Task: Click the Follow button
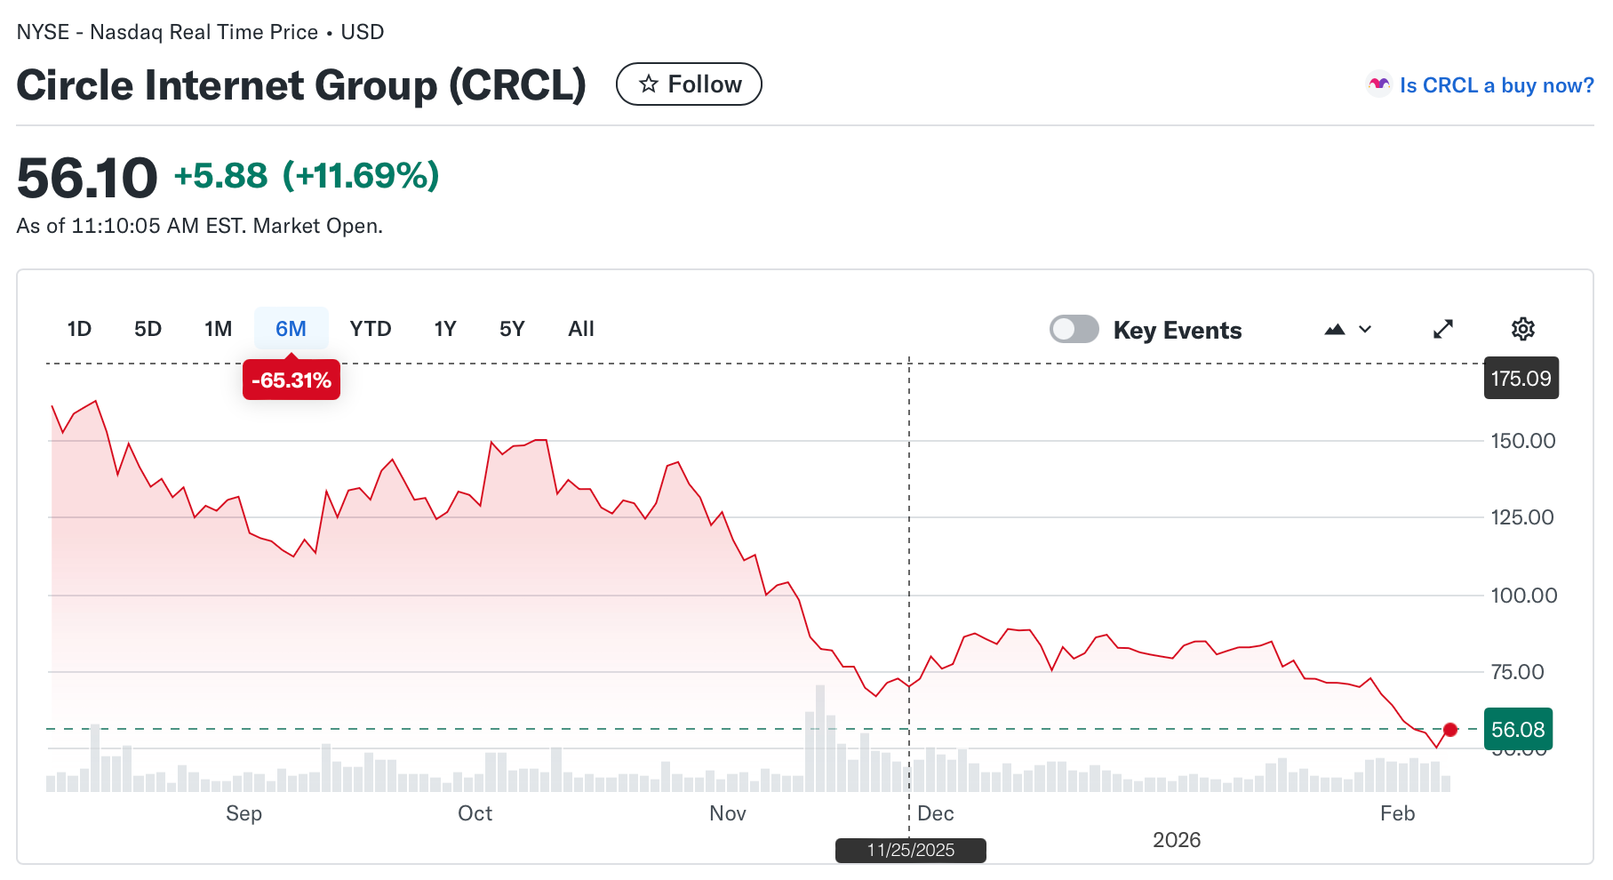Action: pyautogui.click(x=689, y=84)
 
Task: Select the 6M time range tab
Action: pyautogui.click(x=291, y=329)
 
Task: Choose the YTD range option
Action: pyautogui.click(x=371, y=329)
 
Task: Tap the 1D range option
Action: pyautogui.click(x=79, y=329)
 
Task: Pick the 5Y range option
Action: pyautogui.click(x=512, y=329)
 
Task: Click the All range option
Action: pyautogui.click(x=581, y=329)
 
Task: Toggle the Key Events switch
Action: pyautogui.click(x=1074, y=329)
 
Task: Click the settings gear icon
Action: pyautogui.click(x=1522, y=329)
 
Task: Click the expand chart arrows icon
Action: pyautogui.click(x=1443, y=329)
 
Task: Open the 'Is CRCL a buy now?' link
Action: pyautogui.click(x=1496, y=85)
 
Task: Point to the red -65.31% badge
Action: pyautogui.click(x=291, y=380)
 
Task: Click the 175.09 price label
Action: pyautogui.click(x=1521, y=378)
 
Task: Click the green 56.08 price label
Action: pyautogui.click(x=1518, y=730)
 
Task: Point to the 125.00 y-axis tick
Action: pyautogui.click(x=1522, y=517)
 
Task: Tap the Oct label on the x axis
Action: pyautogui.click(x=475, y=813)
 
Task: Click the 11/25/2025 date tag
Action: pyautogui.click(x=910, y=850)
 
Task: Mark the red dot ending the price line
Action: pyautogui.click(x=1450, y=730)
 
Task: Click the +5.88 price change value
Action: pyautogui.click(x=220, y=176)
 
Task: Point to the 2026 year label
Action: pyautogui.click(x=1176, y=840)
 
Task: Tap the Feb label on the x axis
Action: pyautogui.click(x=1397, y=813)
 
